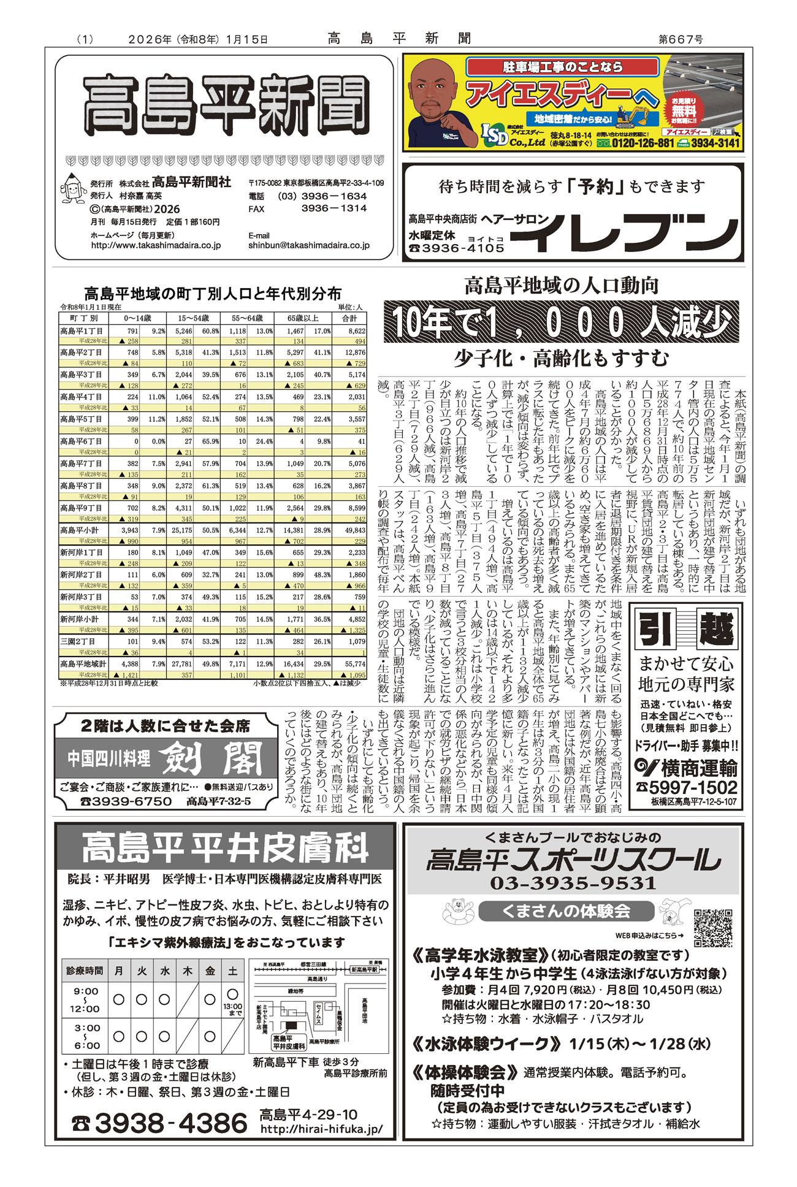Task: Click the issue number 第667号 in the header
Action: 681,39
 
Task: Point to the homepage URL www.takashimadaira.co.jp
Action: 156,245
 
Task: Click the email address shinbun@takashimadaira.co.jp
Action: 309,245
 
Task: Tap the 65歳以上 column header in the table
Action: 303,318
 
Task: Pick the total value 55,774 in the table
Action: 355,664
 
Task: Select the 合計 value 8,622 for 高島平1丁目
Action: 356,331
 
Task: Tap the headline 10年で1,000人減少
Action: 561,321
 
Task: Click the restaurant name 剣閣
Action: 212,759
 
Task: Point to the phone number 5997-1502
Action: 693,787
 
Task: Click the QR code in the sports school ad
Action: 713,927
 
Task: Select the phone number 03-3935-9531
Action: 573,883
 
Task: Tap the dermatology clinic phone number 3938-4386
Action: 170,1123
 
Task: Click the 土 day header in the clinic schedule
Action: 233,971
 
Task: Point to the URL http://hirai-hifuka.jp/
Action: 321,1129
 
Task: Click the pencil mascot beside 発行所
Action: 73,188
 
